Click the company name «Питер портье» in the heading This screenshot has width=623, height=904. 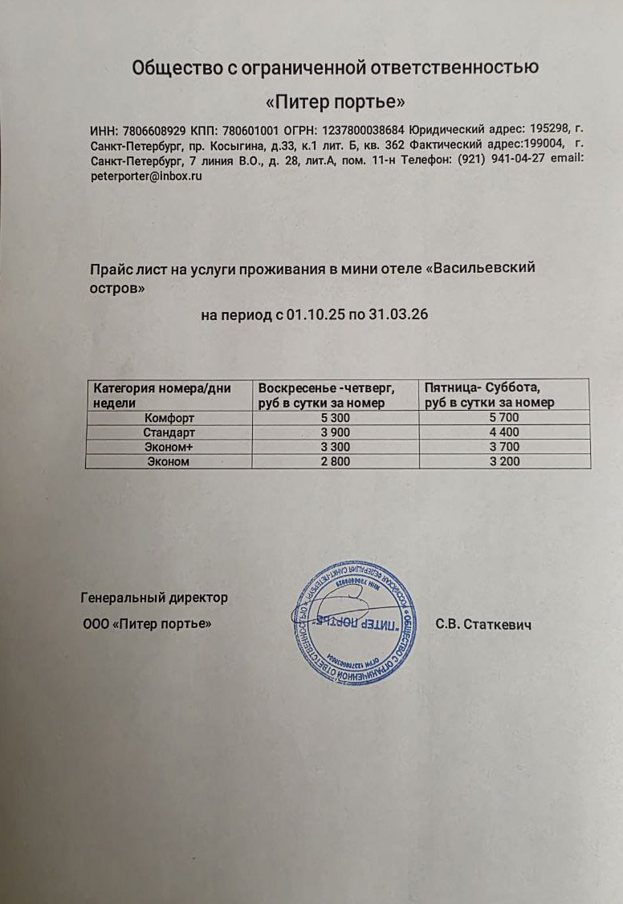336,102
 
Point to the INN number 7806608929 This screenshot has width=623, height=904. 153,130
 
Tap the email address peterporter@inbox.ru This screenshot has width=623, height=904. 146,176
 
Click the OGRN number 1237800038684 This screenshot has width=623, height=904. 364,130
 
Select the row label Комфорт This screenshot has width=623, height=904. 169,418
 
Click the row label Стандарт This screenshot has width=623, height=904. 169,432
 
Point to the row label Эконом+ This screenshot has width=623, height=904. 169,447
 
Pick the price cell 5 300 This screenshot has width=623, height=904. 335,418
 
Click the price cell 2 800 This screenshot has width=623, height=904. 335,461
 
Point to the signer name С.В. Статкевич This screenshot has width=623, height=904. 484,624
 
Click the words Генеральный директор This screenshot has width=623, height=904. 154,598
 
